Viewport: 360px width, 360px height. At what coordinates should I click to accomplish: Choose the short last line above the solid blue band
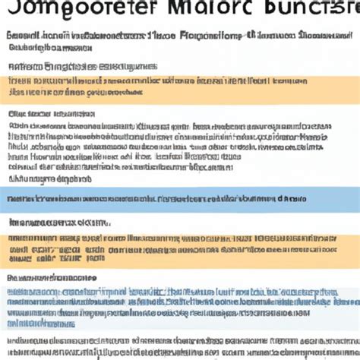(x=42, y=179)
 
